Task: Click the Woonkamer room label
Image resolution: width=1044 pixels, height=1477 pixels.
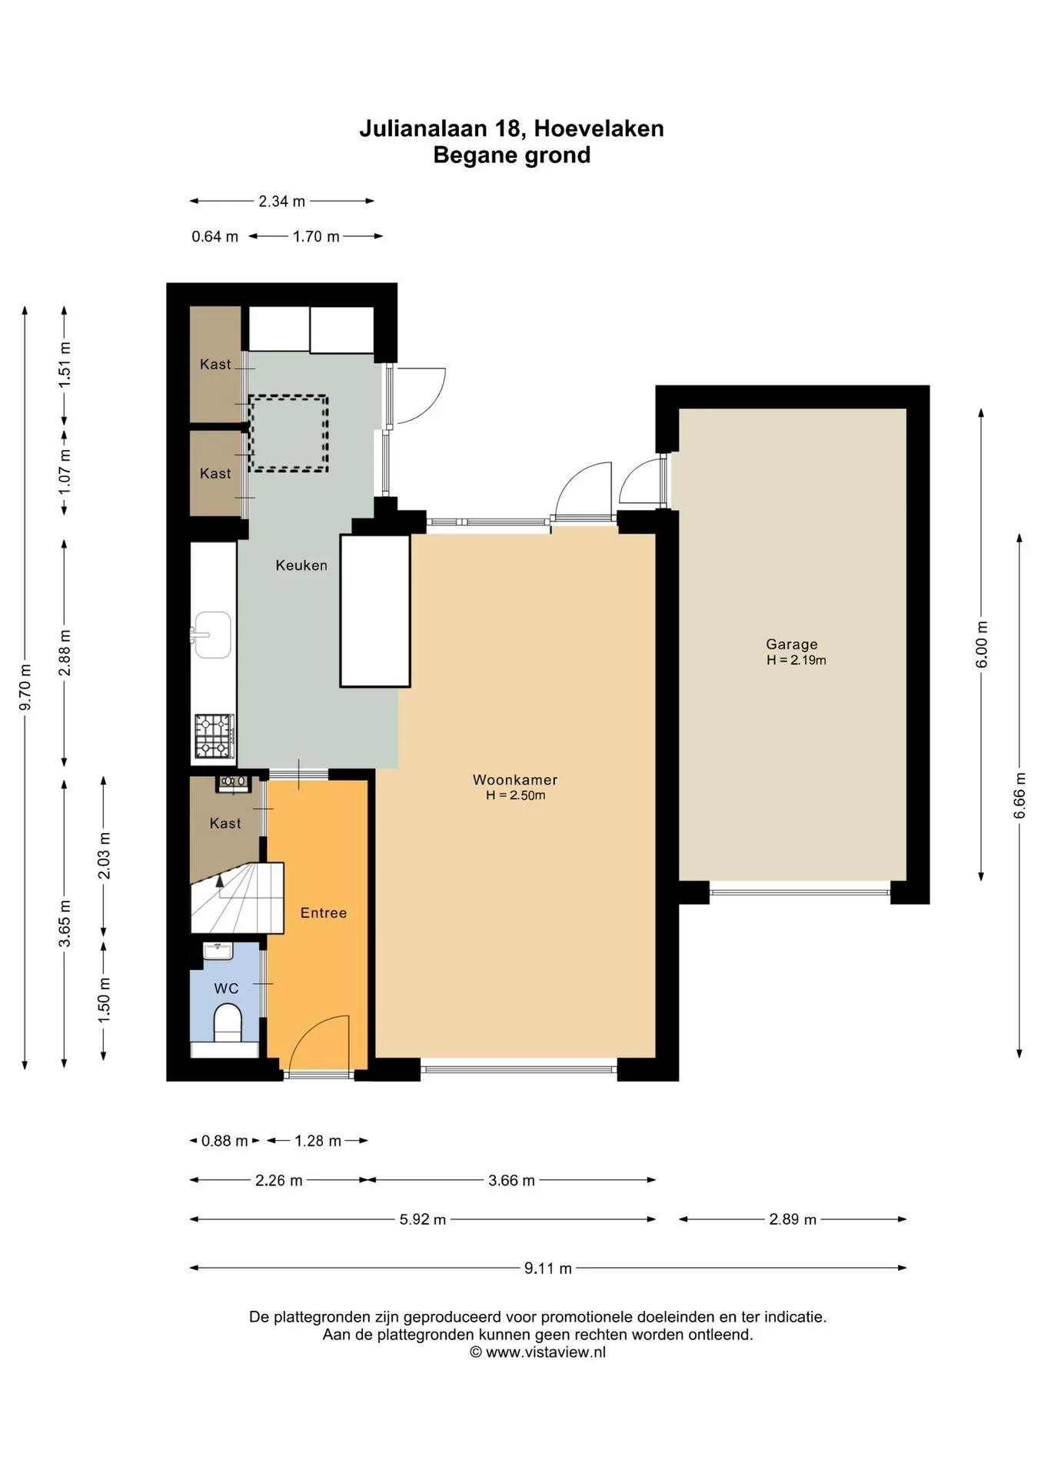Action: [515, 779]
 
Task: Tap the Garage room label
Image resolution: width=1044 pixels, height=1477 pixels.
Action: [791, 645]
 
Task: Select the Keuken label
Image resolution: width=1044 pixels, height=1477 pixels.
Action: [301, 565]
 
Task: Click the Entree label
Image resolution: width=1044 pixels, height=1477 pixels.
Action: [324, 913]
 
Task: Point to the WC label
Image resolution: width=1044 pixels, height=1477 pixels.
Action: [226, 989]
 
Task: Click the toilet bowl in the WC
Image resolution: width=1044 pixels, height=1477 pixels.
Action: [228, 1026]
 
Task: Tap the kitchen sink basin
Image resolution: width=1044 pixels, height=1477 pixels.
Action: [212, 635]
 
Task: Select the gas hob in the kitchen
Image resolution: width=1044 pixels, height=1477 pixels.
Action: [214, 736]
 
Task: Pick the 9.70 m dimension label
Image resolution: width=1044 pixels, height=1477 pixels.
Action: [26, 687]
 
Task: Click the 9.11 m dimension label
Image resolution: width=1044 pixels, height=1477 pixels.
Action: [548, 1269]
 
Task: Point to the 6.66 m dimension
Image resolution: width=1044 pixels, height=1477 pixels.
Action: [1019, 795]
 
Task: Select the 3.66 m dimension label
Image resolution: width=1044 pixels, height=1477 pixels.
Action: [511, 1181]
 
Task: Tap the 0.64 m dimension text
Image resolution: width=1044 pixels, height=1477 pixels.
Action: [214, 237]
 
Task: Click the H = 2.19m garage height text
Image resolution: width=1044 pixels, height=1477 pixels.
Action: [796, 660]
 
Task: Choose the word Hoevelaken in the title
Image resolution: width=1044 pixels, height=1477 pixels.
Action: [599, 128]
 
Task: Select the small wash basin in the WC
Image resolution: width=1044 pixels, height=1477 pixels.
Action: [218, 951]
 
